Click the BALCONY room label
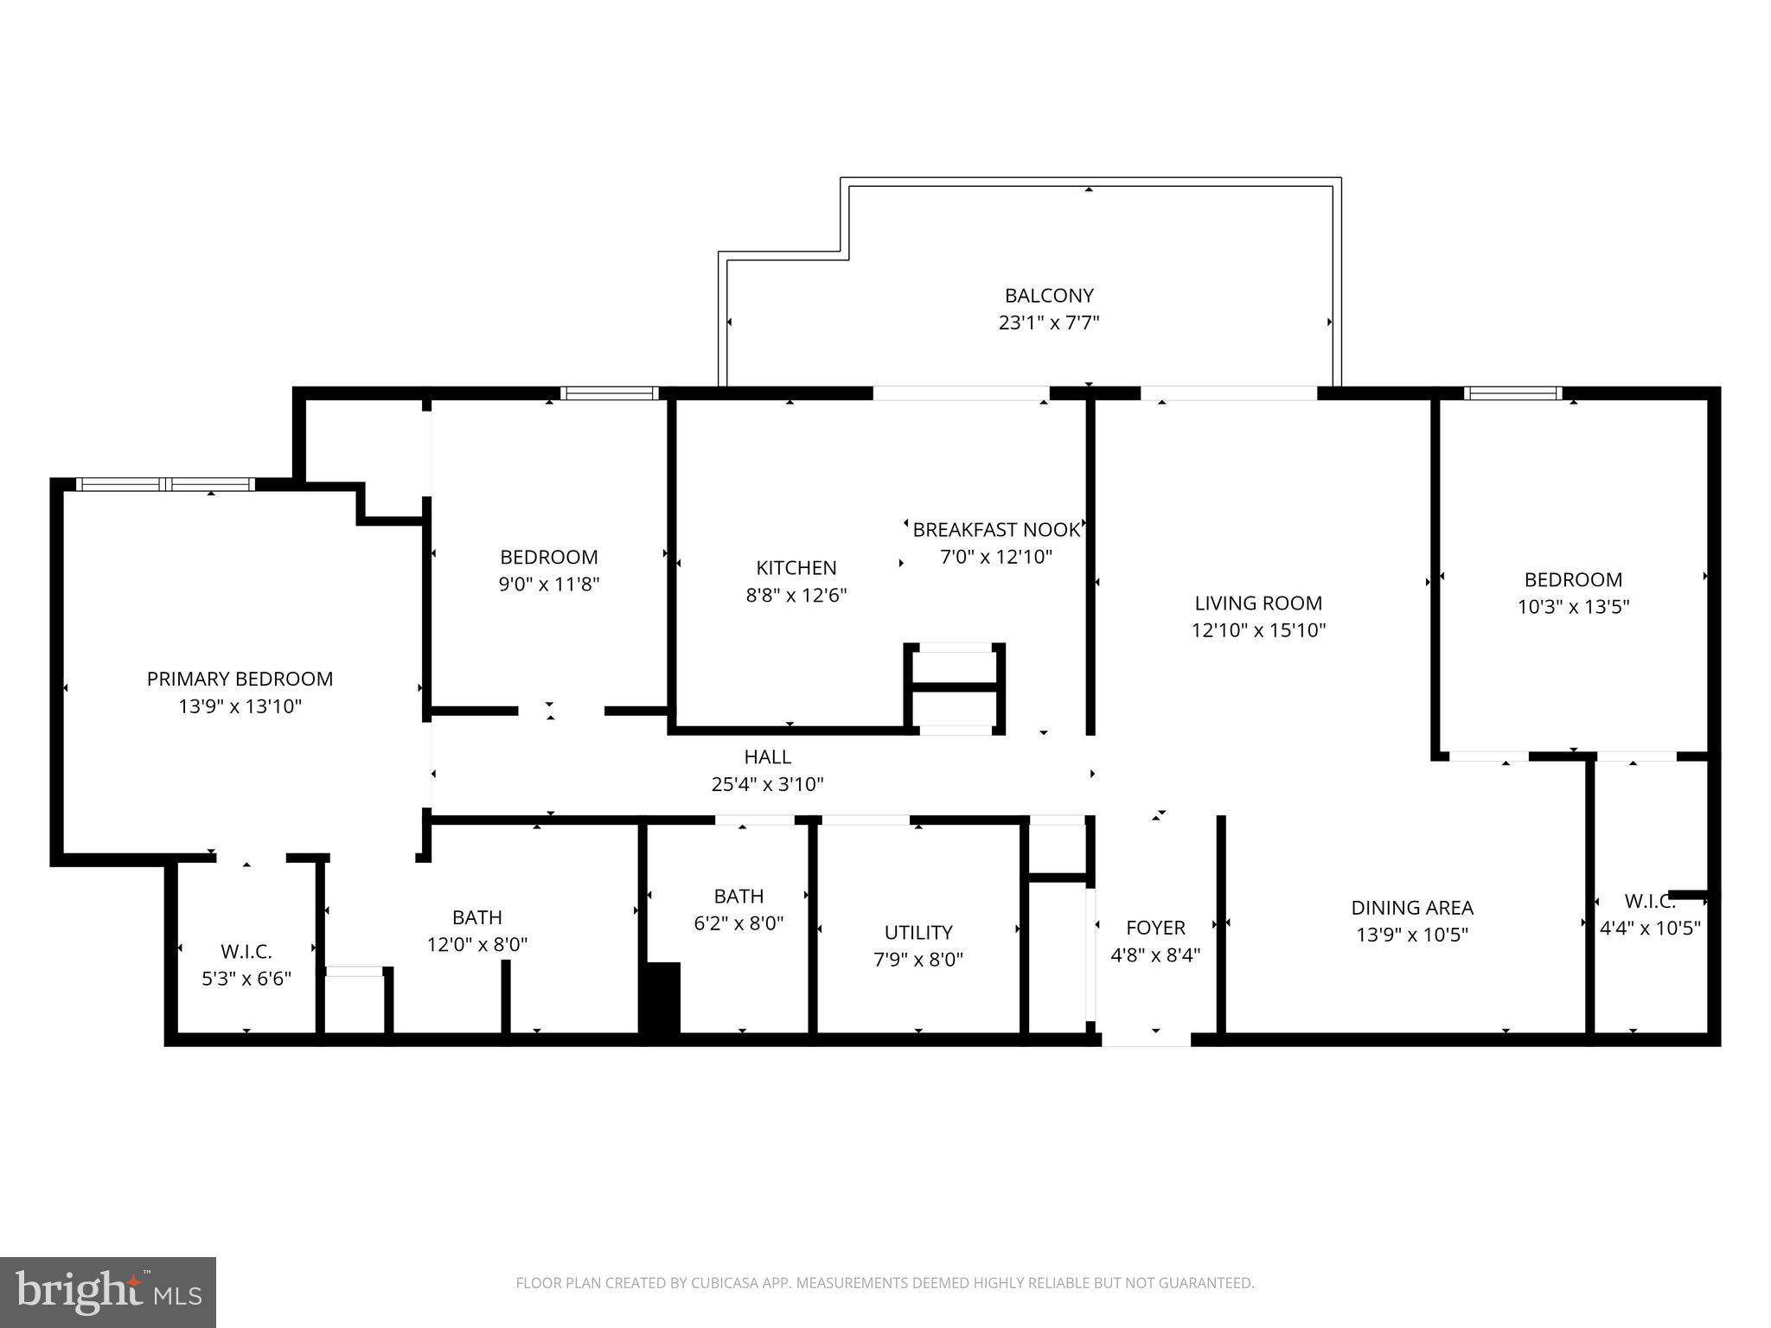1048,296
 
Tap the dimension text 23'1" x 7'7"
1048,323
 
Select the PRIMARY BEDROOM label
240,680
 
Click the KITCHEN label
796,568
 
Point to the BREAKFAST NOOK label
996,530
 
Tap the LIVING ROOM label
1258,603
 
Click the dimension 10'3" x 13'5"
1573,607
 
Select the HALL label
767,757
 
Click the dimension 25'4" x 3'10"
767,785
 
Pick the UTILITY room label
917,933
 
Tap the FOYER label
1155,929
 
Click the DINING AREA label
1411,908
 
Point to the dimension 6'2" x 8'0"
738,923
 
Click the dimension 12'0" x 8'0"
476,945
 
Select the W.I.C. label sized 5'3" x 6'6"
246,952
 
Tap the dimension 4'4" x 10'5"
1650,929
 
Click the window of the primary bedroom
165,484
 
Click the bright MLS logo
108,1292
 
